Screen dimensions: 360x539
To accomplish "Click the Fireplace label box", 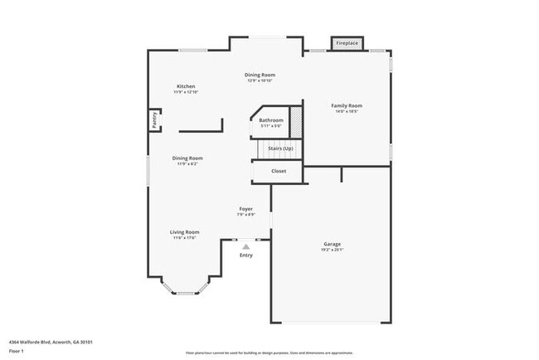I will pyautogui.click(x=347, y=42).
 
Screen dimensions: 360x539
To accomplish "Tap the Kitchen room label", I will pyautogui.click(x=186, y=86).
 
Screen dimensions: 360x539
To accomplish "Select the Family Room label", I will pyautogui.click(x=347, y=105).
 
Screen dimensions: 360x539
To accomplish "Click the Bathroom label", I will pyautogui.click(x=271, y=120).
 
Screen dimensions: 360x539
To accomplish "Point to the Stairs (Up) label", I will pyautogui.click(x=279, y=148).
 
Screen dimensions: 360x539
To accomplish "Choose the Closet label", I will pyautogui.click(x=279, y=171).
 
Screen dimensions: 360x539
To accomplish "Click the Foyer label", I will pyautogui.click(x=246, y=208).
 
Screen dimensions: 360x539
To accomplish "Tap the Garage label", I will pyautogui.click(x=332, y=244).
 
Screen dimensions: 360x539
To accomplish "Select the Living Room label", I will pyautogui.click(x=186, y=232).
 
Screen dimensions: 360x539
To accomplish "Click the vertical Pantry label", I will pyautogui.click(x=154, y=120).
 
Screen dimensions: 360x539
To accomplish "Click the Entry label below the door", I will pyautogui.click(x=246, y=255).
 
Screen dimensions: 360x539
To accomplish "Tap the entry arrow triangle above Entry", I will pyautogui.click(x=245, y=246).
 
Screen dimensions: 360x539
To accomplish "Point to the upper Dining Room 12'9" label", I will pyautogui.click(x=260, y=80).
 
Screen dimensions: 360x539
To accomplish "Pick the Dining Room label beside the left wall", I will pyautogui.click(x=187, y=158).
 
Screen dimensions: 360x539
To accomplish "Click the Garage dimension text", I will pyautogui.click(x=332, y=250).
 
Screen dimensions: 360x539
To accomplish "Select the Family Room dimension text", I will pyautogui.click(x=347, y=111).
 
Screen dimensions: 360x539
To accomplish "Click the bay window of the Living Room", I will pyautogui.click(x=184, y=289).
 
